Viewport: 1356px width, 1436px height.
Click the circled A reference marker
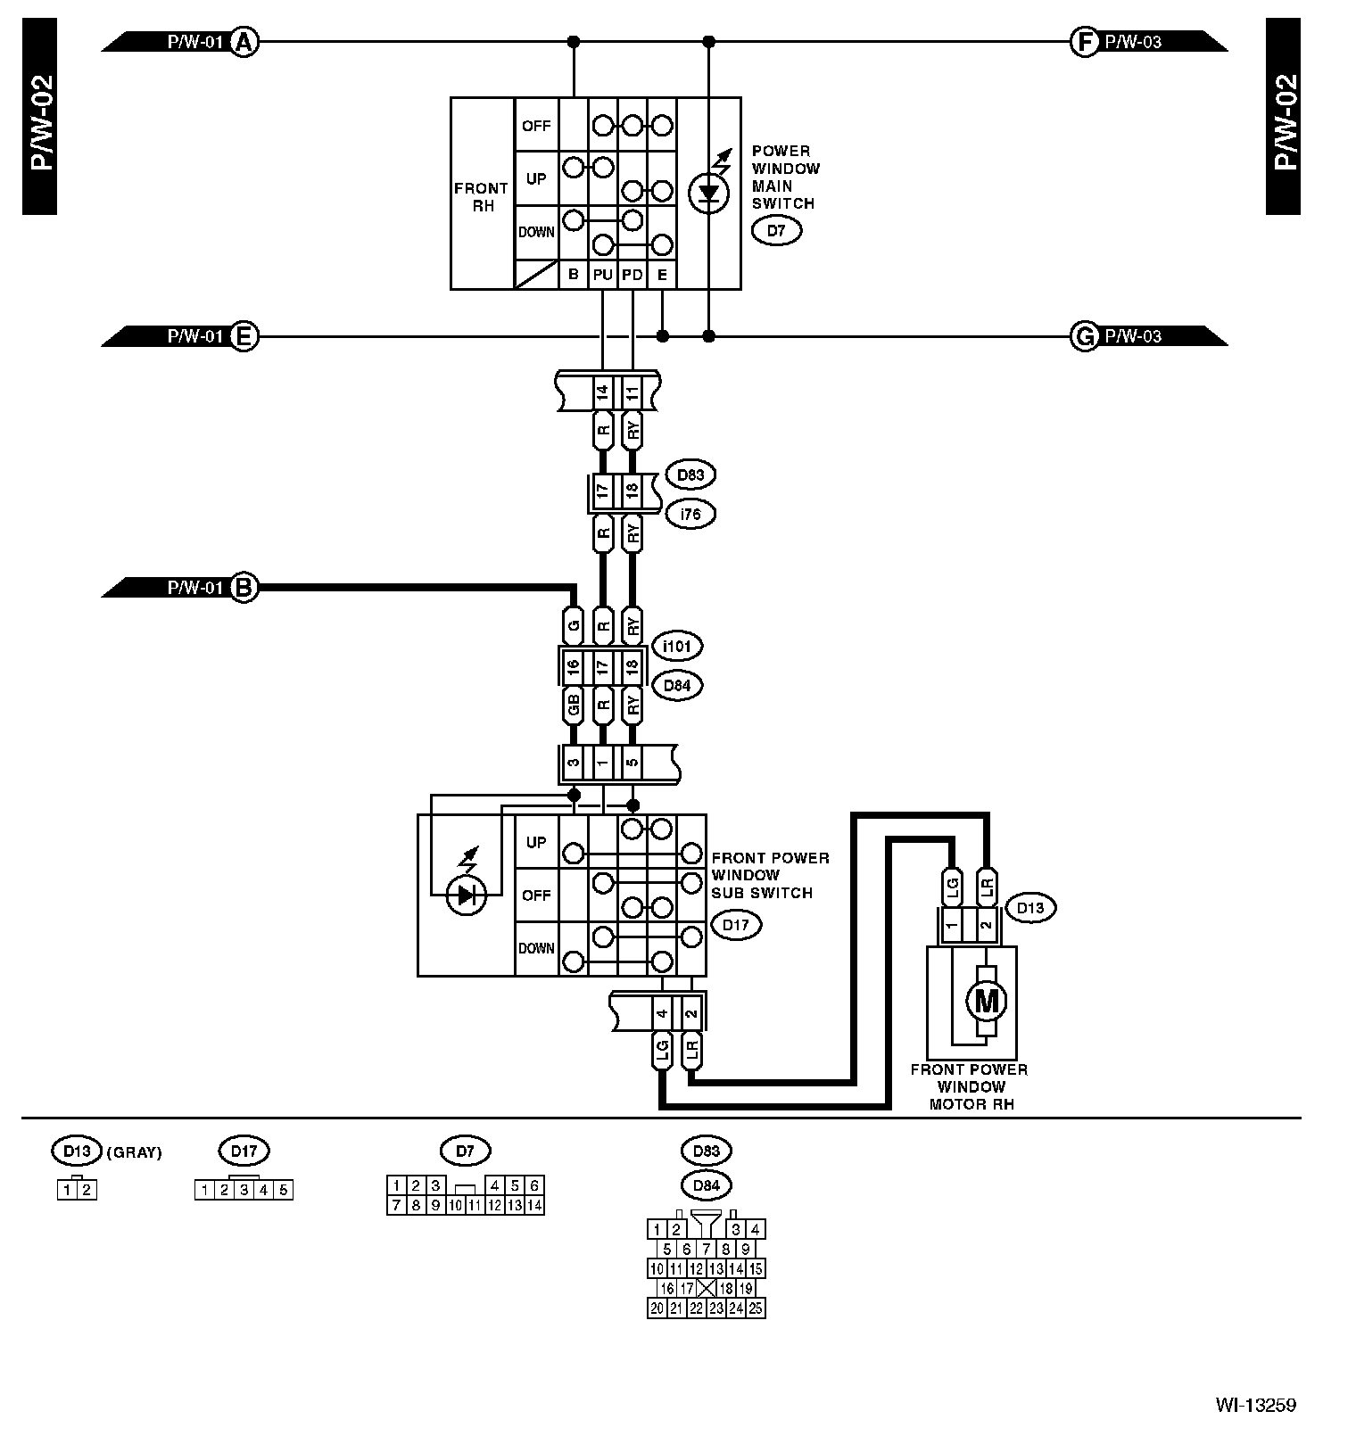coord(244,41)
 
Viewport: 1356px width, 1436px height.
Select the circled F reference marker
coord(1083,41)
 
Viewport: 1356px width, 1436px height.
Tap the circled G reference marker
coord(1083,336)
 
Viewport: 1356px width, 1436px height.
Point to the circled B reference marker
coord(244,588)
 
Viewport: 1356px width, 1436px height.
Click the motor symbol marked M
coord(986,1002)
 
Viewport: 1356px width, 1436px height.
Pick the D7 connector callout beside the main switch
coord(776,231)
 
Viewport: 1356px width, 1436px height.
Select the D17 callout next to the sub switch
coord(735,925)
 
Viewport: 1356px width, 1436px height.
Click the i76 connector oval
coord(690,514)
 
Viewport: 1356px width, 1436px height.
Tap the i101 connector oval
coord(677,645)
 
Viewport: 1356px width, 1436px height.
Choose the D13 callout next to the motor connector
coord(1029,908)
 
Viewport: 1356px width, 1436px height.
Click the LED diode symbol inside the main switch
coord(708,192)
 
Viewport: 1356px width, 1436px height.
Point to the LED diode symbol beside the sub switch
coord(466,895)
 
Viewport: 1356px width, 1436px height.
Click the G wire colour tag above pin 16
coord(574,625)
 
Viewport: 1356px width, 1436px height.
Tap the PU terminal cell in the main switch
coord(603,276)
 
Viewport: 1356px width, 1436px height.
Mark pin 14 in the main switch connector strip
coord(603,392)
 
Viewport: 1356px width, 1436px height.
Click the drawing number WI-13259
coord(1255,1406)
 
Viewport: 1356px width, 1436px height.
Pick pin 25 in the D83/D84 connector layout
coord(755,1308)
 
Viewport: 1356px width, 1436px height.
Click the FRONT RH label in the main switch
coord(481,197)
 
